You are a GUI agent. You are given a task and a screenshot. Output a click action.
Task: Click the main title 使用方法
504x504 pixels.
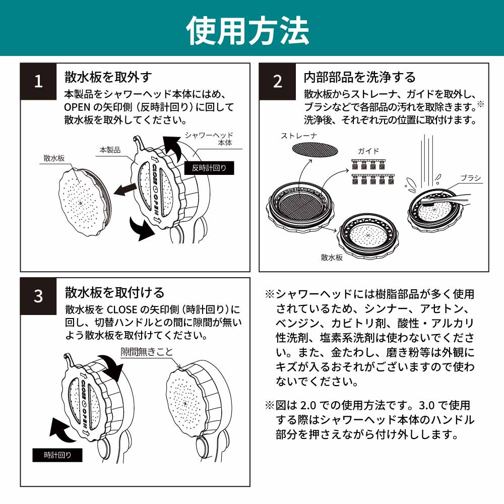[247, 29]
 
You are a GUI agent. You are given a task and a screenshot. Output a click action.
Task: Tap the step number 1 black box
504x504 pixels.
[39, 82]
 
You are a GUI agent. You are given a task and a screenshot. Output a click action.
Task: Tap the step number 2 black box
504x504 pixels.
[278, 82]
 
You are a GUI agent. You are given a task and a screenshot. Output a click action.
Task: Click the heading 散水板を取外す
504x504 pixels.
[108, 77]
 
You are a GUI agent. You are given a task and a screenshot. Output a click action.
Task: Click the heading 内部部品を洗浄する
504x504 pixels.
[359, 77]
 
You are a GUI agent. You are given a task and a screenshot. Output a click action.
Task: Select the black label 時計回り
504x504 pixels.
[57, 455]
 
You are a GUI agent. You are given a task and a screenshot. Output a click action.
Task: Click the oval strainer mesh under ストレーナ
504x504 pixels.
[316, 149]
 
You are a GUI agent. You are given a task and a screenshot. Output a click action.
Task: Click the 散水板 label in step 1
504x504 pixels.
[54, 158]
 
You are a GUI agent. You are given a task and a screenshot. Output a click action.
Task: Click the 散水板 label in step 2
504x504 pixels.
[332, 257]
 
